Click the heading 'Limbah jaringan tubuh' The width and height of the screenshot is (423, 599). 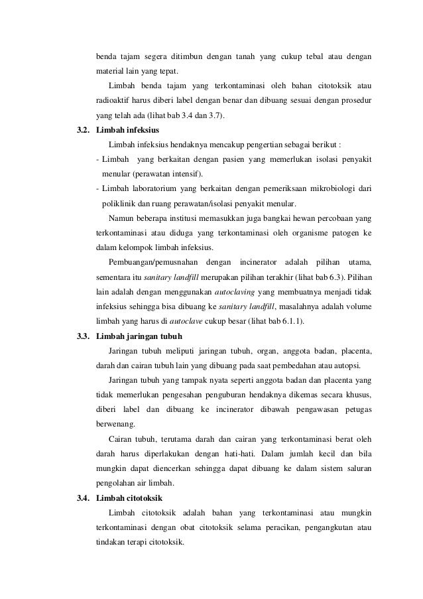click(135, 336)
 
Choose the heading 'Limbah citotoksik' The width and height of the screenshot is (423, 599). click(129, 498)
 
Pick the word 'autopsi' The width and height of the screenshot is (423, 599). click(357, 365)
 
